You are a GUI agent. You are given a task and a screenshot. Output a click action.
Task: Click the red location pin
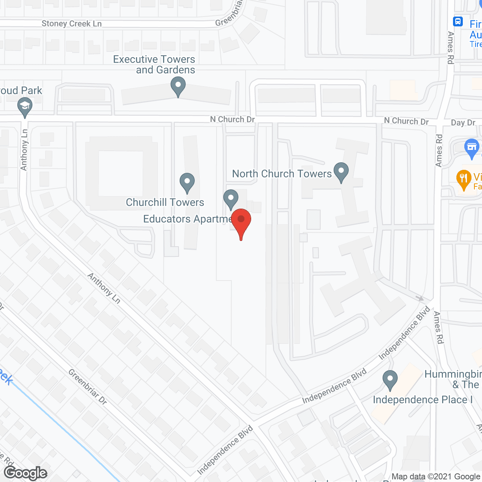pyautogui.click(x=241, y=221)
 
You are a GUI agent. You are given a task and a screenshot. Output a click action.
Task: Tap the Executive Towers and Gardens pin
pyautogui.click(x=178, y=86)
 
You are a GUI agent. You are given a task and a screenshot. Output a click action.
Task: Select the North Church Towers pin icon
pyautogui.click(x=341, y=172)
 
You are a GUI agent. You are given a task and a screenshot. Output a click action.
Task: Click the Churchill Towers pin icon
pyautogui.click(x=187, y=182)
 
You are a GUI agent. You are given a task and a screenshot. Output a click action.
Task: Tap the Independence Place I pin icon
pyautogui.click(x=390, y=380)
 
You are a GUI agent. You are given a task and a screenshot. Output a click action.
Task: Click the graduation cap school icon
pyautogui.click(x=25, y=107)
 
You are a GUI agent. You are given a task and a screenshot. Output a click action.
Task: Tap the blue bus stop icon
pyautogui.click(x=458, y=21)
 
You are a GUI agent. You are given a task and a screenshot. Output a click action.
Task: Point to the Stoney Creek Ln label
pyautogui.click(x=72, y=24)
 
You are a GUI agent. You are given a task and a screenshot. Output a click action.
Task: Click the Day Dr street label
pyautogui.click(x=463, y=123)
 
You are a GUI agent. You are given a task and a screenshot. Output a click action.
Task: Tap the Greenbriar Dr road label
pyautogui.click(x=88, y=386)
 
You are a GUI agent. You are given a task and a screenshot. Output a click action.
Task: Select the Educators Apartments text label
pyautogui.click(x=188, y=219)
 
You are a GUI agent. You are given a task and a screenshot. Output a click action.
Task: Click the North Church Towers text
pyautogui.click(x=282, y=174)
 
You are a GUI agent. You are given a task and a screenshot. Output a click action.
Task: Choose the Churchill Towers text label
pyautogui.click(x=165, y=202)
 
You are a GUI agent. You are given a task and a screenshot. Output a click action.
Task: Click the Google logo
pyautogui.click(x=26, y=473)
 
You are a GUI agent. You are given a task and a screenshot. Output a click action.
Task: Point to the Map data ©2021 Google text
pyautogui.click(x=436, y=477)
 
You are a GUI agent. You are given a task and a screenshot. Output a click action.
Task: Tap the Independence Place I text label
pyautogui.click(x=423, y=400)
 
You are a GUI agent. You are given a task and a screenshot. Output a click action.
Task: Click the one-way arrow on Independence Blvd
pyautogui.click(x=420, y=298)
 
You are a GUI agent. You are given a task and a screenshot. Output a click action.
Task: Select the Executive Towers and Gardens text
pyautogui.click(x=154, y=64)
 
